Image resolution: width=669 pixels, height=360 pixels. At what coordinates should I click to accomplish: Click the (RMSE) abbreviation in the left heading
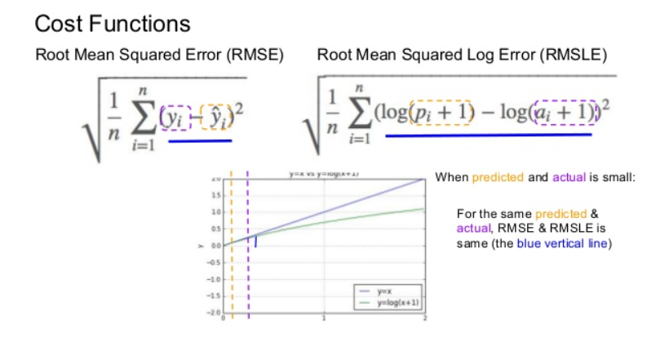253,56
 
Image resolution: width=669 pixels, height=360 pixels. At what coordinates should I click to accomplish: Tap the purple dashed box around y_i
177,118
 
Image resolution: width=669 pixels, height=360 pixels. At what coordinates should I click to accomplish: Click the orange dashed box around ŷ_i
214,118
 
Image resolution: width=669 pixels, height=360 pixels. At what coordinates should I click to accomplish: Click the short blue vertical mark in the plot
255,241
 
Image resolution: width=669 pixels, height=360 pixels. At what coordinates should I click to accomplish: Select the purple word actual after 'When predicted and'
569,177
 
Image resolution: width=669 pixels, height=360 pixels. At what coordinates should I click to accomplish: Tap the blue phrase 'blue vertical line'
561,244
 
